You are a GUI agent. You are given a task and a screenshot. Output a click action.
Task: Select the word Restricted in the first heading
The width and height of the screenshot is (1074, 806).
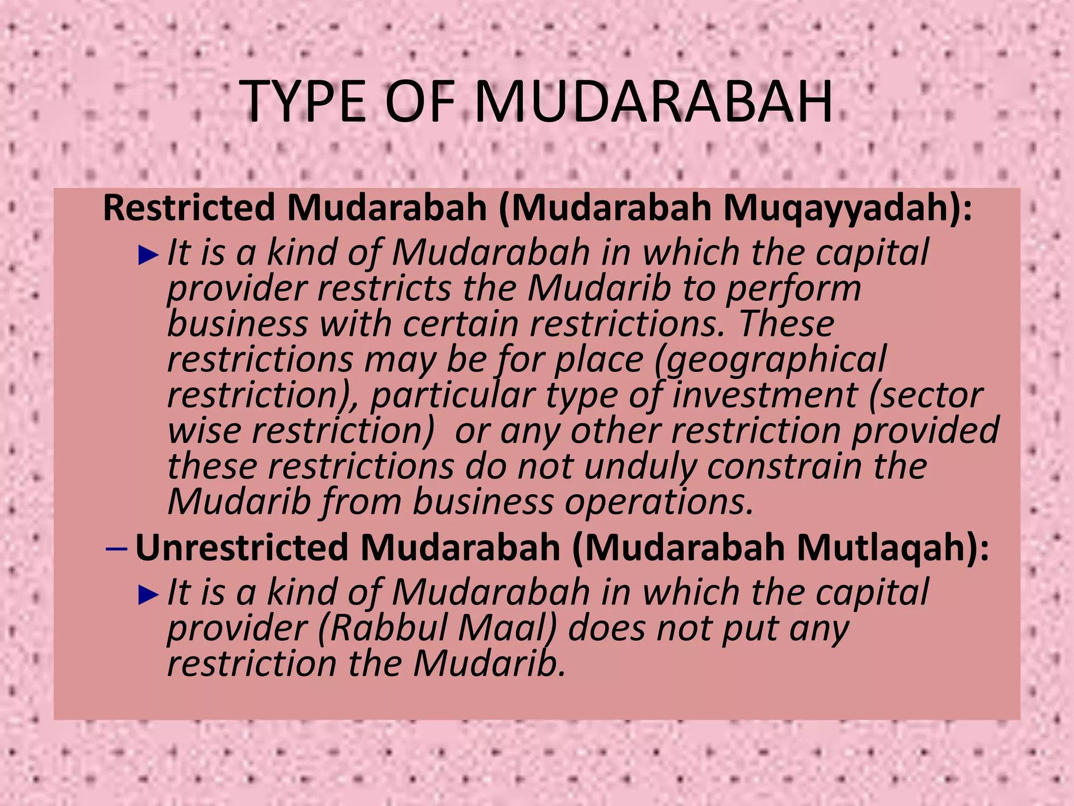189,208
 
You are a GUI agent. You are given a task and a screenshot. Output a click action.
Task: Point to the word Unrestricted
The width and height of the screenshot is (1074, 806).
242,547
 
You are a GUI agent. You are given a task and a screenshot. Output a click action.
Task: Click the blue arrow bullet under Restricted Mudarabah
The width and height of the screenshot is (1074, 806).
148,256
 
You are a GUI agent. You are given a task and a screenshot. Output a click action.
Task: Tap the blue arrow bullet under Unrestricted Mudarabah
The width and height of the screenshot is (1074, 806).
148,595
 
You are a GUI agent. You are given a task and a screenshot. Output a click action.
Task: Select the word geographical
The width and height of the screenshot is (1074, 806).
770,360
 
